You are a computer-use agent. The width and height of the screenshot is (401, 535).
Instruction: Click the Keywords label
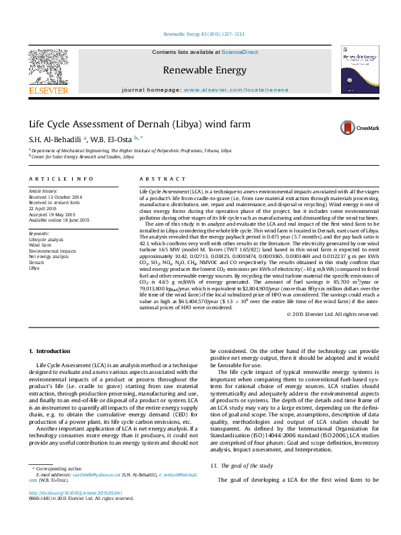39,233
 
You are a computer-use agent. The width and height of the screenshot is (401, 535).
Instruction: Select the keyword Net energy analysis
49,257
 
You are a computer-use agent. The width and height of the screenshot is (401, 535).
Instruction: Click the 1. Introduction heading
53,352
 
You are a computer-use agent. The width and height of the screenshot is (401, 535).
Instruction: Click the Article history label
44,191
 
